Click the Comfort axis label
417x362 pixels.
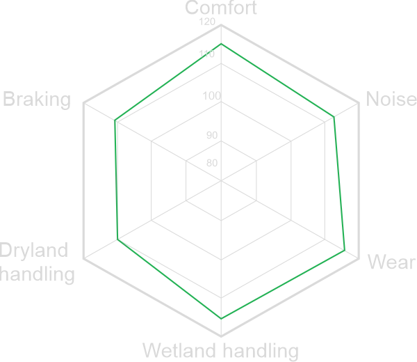[221, 8]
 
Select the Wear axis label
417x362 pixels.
[391, 262]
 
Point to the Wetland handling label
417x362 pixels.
[220, 349]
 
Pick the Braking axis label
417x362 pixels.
[37, 100]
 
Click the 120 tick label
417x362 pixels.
[206, 22]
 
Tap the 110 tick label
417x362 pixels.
[206, 54]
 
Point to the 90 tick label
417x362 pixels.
[212, 135]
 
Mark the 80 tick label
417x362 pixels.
[212, 164]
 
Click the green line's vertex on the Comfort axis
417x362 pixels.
[221, 44]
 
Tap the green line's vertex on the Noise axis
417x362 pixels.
[334, 116]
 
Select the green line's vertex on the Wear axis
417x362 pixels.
[345, 249]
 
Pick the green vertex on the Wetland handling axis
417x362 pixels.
[221, 318]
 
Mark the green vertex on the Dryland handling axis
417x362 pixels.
[117, 239]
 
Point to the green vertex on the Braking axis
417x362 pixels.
[115, 123]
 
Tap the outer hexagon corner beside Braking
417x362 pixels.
[83, 103]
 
